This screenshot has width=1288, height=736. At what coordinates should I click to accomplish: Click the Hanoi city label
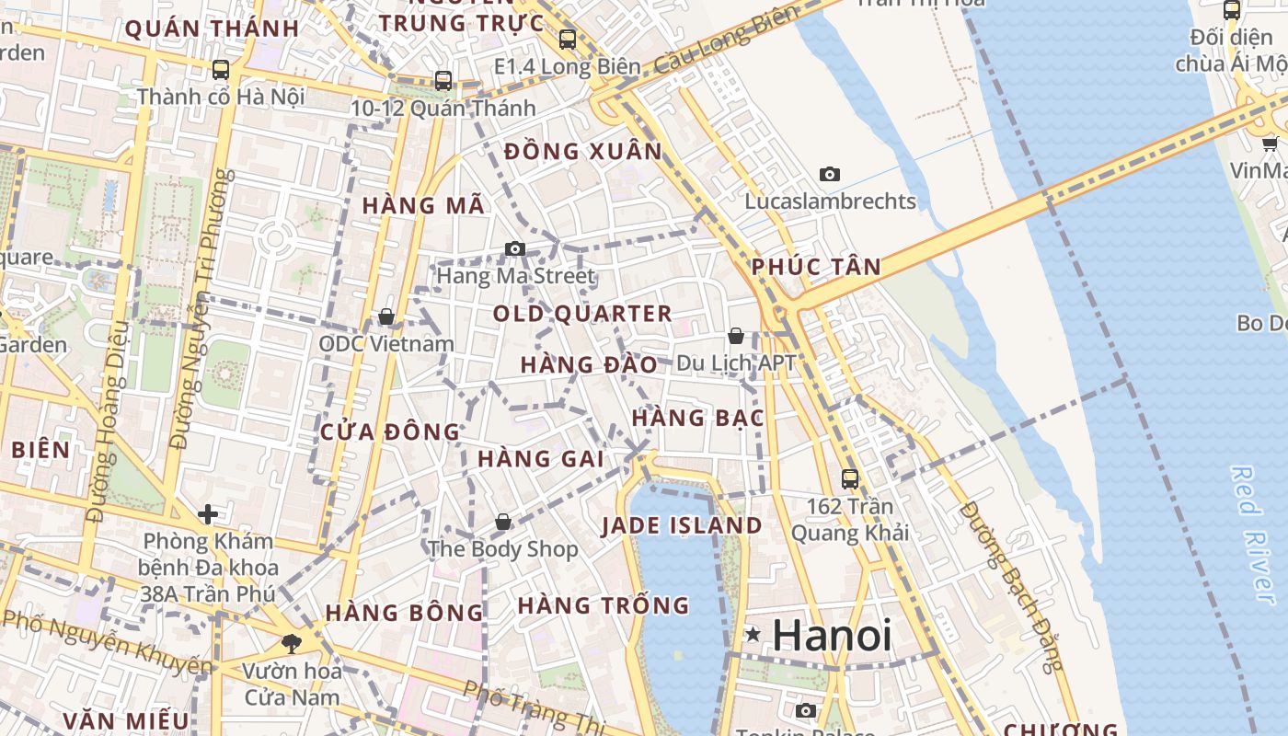click(832, 635)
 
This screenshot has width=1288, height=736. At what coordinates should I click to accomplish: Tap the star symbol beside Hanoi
click(753, 634)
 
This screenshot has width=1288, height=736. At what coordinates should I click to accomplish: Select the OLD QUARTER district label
click(582, 314)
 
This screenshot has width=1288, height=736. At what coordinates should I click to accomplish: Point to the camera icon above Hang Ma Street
click(515, 248)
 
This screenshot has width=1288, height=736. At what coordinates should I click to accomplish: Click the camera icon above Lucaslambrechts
click(830, 174)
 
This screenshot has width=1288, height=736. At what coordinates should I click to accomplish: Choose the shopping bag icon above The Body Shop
click(503, 522)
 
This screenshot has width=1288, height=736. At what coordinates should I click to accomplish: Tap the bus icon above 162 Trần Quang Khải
click(850, 478)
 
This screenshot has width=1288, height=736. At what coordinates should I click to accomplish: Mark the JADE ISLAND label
click(682, 525)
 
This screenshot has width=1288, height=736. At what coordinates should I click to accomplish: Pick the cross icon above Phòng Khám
click(208, 513)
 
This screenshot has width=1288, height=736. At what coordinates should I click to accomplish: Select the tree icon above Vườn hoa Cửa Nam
click(293, 643)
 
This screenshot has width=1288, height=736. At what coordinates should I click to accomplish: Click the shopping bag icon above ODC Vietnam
click(386, 316)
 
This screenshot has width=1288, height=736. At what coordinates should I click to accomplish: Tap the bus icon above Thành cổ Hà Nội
click(221, 69)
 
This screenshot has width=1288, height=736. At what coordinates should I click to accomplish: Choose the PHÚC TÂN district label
click(816, 267)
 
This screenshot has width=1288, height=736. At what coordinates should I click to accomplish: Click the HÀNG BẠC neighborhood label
click(697, 418)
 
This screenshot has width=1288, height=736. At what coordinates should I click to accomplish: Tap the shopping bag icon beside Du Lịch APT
click(736, 336)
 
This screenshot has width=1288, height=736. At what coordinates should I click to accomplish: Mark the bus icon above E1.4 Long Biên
click(568, 40)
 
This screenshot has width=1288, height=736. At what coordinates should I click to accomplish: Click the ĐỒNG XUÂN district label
click(583, 151)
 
